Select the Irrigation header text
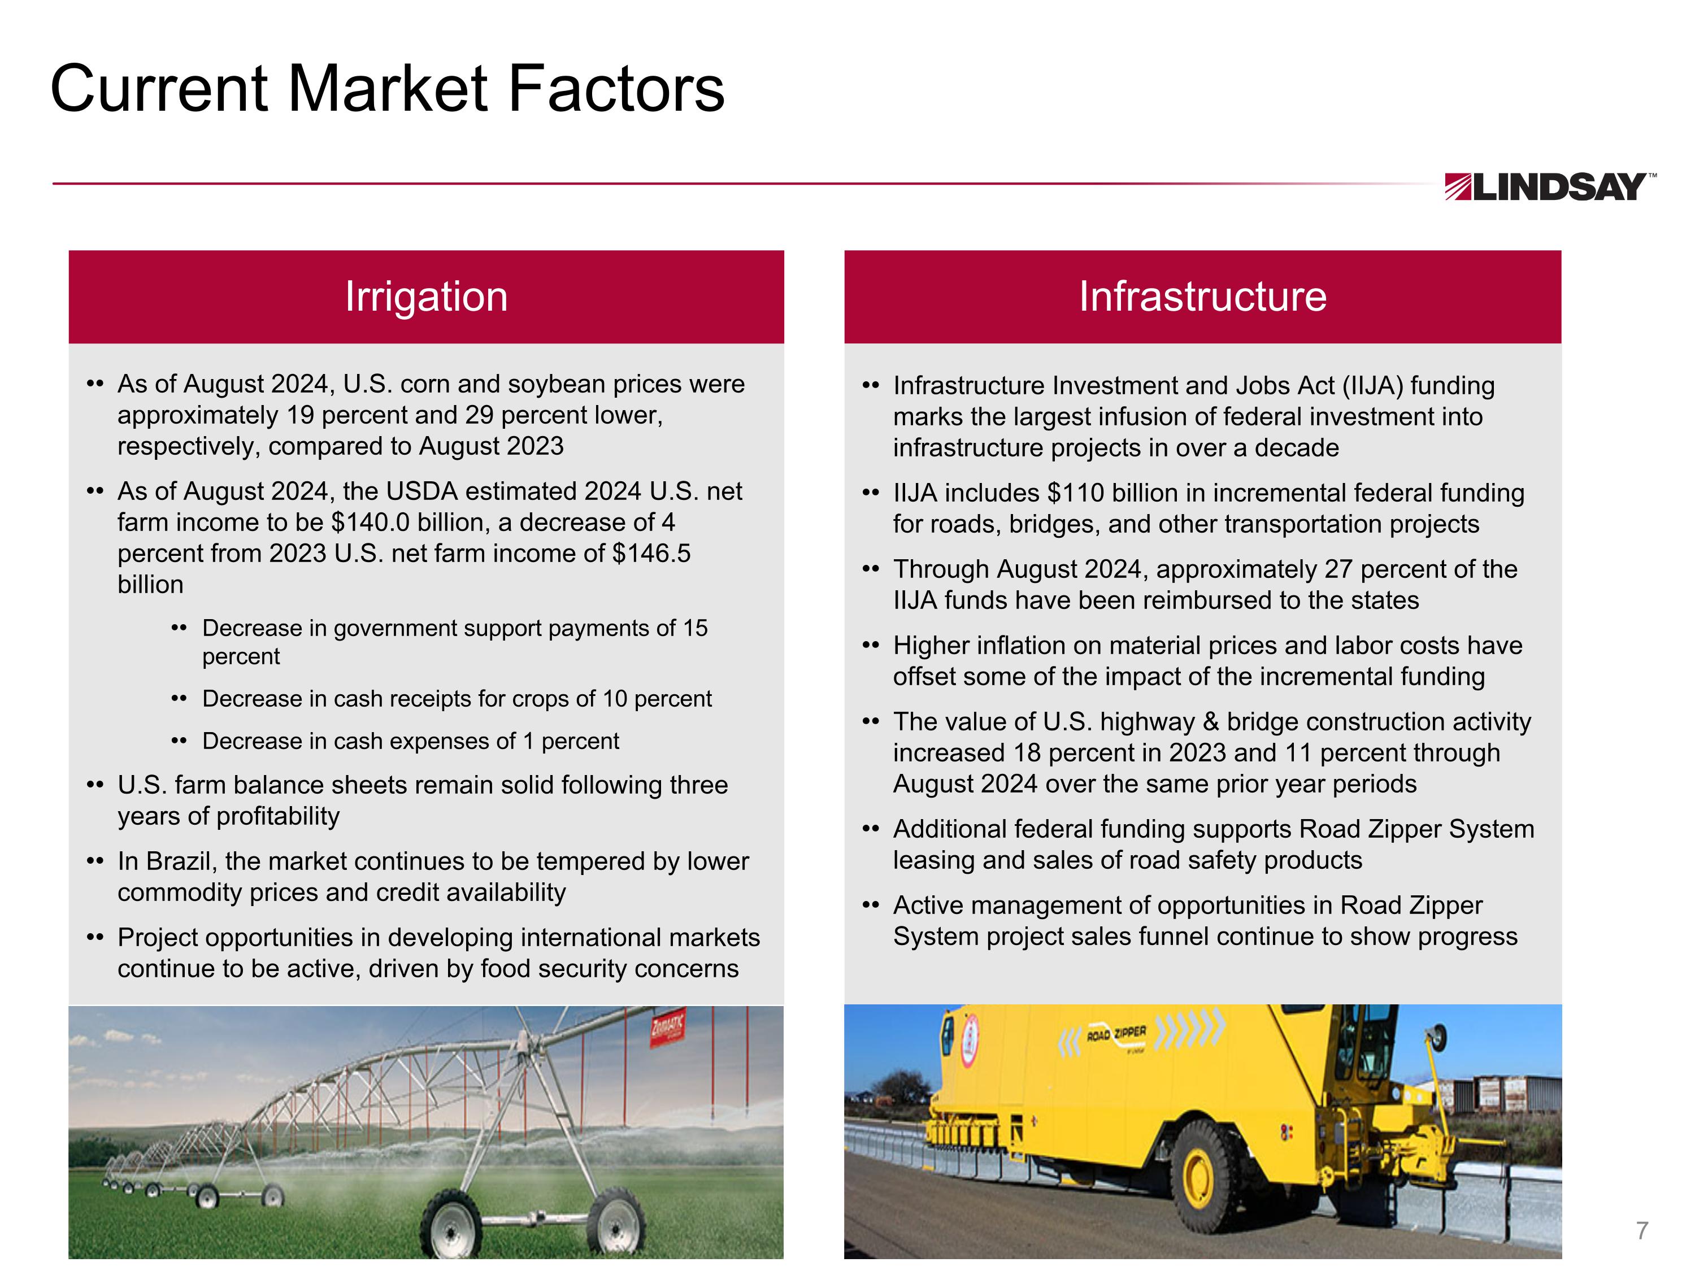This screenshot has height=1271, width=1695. click(x=426, y=297)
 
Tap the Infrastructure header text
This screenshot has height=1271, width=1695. click(x=1202, y=297)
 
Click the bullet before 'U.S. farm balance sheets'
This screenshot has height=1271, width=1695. click(x=95, y=785)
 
